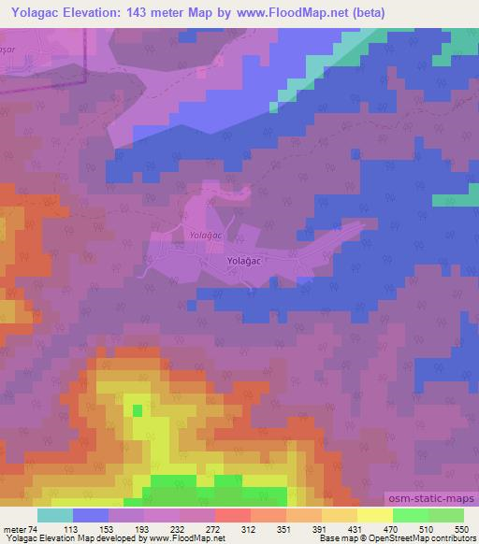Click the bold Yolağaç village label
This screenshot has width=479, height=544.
244,265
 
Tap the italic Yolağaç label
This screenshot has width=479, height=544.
204,236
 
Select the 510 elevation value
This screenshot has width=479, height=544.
427,528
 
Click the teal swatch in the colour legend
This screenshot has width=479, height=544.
55,515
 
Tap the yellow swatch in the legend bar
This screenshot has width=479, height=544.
375,515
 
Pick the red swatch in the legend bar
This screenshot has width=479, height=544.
233,515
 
